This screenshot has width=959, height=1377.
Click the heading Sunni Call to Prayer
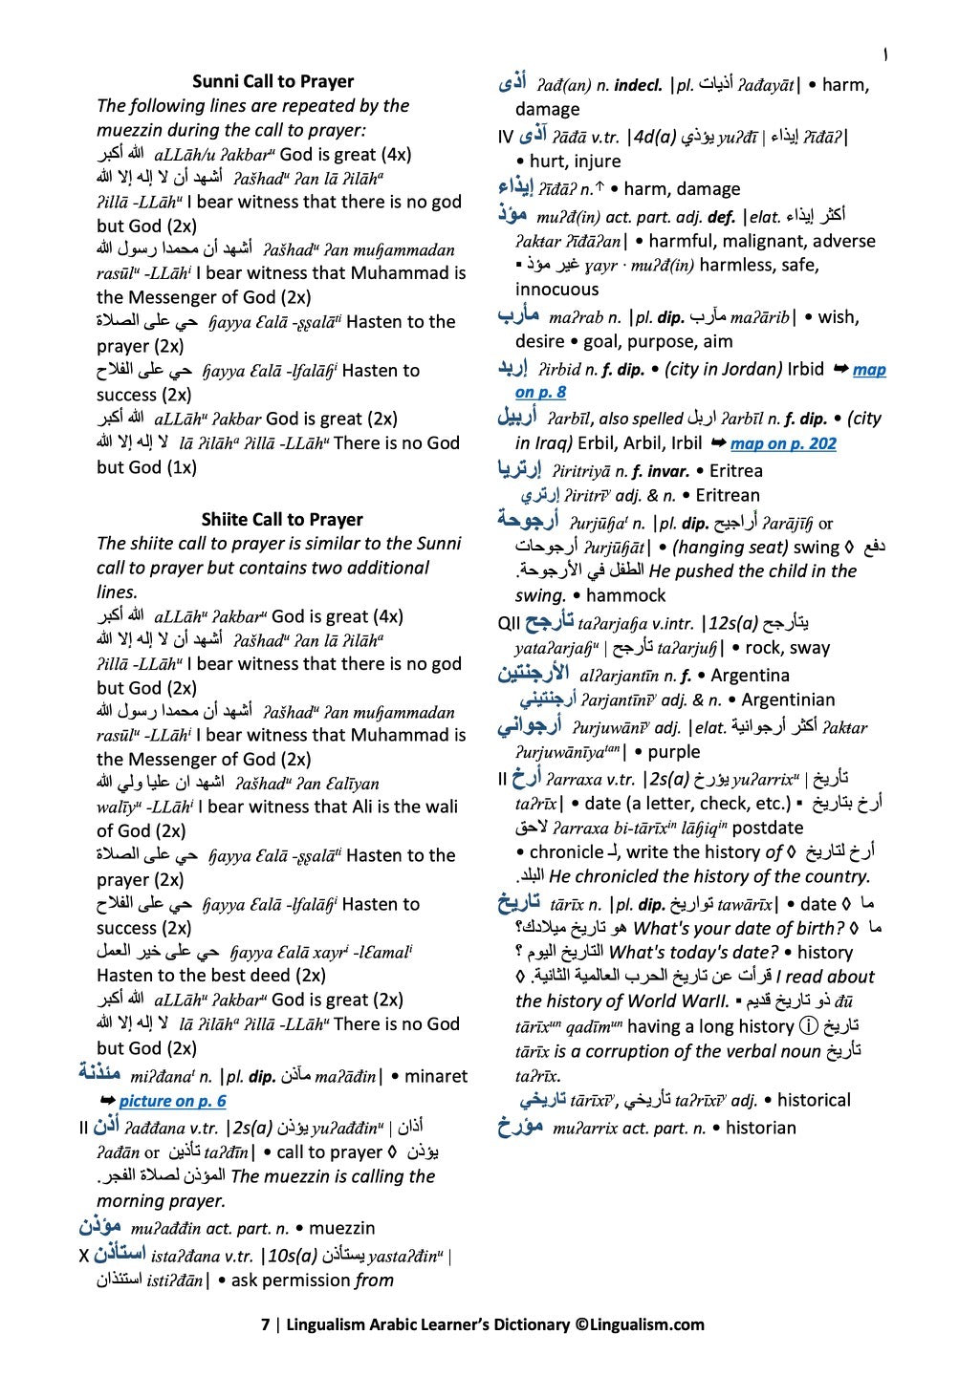272,81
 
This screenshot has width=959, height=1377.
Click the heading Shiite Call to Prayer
281,519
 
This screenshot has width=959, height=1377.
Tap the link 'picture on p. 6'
172,1101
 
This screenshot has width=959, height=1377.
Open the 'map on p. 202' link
782,443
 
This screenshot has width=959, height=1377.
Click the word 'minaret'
436,1076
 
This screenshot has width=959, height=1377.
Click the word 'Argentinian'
788,699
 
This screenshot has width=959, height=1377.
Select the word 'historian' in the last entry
760,1128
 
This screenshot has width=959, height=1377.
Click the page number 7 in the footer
266,1324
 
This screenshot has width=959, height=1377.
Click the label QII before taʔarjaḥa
509,624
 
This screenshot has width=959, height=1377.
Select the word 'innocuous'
556,289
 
